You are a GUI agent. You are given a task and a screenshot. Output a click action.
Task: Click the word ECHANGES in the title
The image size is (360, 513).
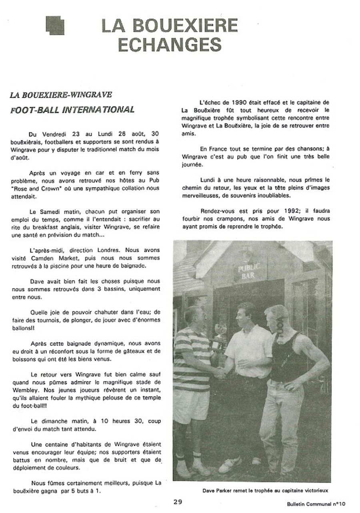(170, 44)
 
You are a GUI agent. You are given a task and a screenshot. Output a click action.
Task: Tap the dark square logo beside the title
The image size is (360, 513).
(55, 26)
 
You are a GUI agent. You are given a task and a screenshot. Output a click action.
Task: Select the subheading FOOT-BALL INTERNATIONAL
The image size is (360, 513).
(72, 110)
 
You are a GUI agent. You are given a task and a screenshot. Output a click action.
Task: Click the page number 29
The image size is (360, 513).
(178, 501)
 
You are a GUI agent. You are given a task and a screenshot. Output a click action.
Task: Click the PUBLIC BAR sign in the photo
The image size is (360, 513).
(249, 271)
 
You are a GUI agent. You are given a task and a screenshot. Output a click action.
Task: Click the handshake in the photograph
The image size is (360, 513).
(219, 373)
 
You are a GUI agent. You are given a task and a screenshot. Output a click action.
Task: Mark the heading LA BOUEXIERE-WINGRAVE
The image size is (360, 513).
(61, 95)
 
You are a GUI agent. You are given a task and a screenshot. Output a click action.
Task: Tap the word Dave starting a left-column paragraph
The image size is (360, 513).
(37, 281)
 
